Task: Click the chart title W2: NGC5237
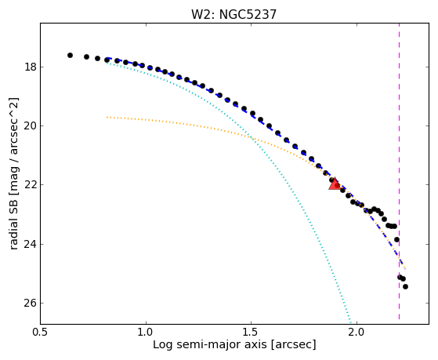click(233, 14)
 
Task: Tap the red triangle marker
click(335, 184)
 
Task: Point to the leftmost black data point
click(70, 56)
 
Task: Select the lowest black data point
click(405, 286)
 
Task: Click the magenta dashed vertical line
click(399, 171)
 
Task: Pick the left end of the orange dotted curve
click(107, 117)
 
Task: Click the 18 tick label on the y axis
click(31, 67)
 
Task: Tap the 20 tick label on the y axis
click(31, 126)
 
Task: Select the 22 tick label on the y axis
click(31, 185)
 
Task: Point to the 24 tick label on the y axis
click(31, 244)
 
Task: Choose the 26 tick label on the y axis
click(31, 304)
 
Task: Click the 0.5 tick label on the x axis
click(41, 333)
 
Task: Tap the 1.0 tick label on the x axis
click(146, 333)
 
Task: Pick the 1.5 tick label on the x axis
click(252, 333)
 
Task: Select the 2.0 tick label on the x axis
click(357, 333)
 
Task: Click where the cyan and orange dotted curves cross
click(252, 137)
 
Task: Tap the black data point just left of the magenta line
click(396, 239)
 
